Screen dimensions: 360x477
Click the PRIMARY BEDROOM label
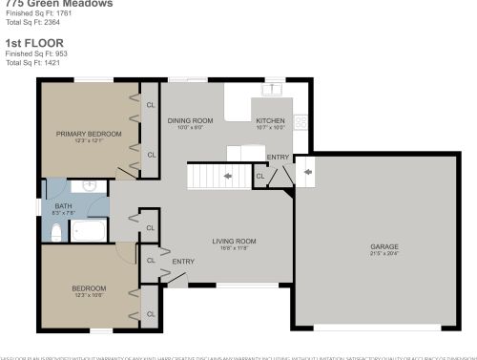coord(89,134)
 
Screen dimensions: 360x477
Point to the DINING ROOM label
coord(190,121)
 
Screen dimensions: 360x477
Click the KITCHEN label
coord(270,121)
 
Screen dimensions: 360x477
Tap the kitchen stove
coord(301,121)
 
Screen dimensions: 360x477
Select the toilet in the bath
coord(56,232)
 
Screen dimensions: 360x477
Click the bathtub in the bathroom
coord(92,231)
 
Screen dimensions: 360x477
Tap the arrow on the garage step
coord(307,173)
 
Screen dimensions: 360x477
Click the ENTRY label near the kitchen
coord(278,157)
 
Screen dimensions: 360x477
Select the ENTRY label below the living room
coord(182,261)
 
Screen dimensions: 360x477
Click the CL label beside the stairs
coord(260,176)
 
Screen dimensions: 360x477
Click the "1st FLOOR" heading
coord(26,43)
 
